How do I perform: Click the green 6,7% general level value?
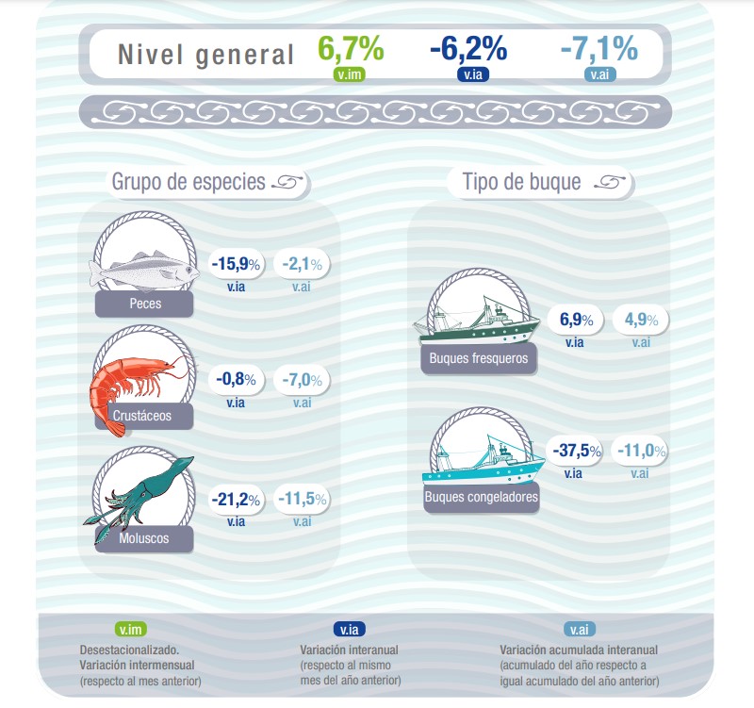tap(351, 48)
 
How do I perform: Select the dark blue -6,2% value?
tap(468, 48)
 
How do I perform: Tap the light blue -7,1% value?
tap(598, 48)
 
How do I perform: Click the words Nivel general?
tap(206, 55)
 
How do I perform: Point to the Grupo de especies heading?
tap(189, 182)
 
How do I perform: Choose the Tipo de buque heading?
tap(521, 182)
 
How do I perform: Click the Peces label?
tap(145, 304)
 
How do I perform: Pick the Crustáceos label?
tap(145, 415)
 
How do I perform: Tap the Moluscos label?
tap(145, 538)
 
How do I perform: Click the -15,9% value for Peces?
tap(230, 265)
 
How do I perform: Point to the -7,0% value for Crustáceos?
tap(302, 380)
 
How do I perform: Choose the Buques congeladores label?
tap(482, 498)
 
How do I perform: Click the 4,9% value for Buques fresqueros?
tap(641, 320)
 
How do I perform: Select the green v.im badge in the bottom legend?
tap(131, 630)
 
